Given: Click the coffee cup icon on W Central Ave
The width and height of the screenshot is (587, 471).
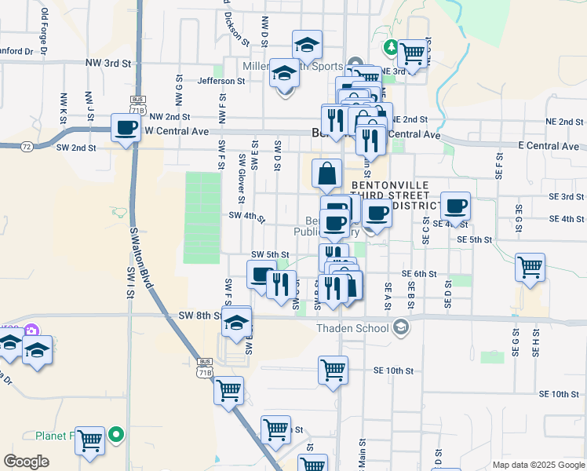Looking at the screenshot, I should pyautogui.click(x=126, y=127).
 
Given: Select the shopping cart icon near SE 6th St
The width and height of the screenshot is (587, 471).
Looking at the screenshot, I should pyautogui.click(x=530, y=267).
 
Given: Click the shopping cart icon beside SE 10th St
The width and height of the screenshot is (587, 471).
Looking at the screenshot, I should pyautogui.click(x=333, y=369).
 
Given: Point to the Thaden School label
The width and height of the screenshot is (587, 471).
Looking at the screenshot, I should pyautogui.click(x=353, y=328).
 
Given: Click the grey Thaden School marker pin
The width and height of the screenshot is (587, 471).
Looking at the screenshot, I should pyautogui.click(x=401, y=326).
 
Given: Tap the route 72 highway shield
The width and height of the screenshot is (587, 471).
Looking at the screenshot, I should pyautogui.click(x=27, y=147).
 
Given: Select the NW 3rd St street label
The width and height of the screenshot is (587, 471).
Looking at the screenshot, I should pyautogui.click(x=108, y=62).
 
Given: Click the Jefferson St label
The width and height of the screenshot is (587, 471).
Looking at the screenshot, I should pyautogui.click(x=221, y=81).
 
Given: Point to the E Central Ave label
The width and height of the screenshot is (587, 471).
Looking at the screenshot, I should pyautogui.click(x=549, y=146).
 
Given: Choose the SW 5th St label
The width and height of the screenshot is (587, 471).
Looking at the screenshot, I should pyautogui.click(x=270, y=255).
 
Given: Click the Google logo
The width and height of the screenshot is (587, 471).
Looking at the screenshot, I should pyautogui.click(x=27, y=461).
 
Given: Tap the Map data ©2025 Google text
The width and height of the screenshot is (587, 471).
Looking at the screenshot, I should pyautogui.click(x=538, y=465).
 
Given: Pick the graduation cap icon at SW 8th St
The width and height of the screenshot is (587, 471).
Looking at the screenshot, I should pyautogui.click(x=236, y=322).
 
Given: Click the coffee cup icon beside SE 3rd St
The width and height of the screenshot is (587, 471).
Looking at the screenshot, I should pyautogui.click(x=455, y=206).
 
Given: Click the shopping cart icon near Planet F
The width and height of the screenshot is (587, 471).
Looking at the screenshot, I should pyautogui.click(x=89, y=440).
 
